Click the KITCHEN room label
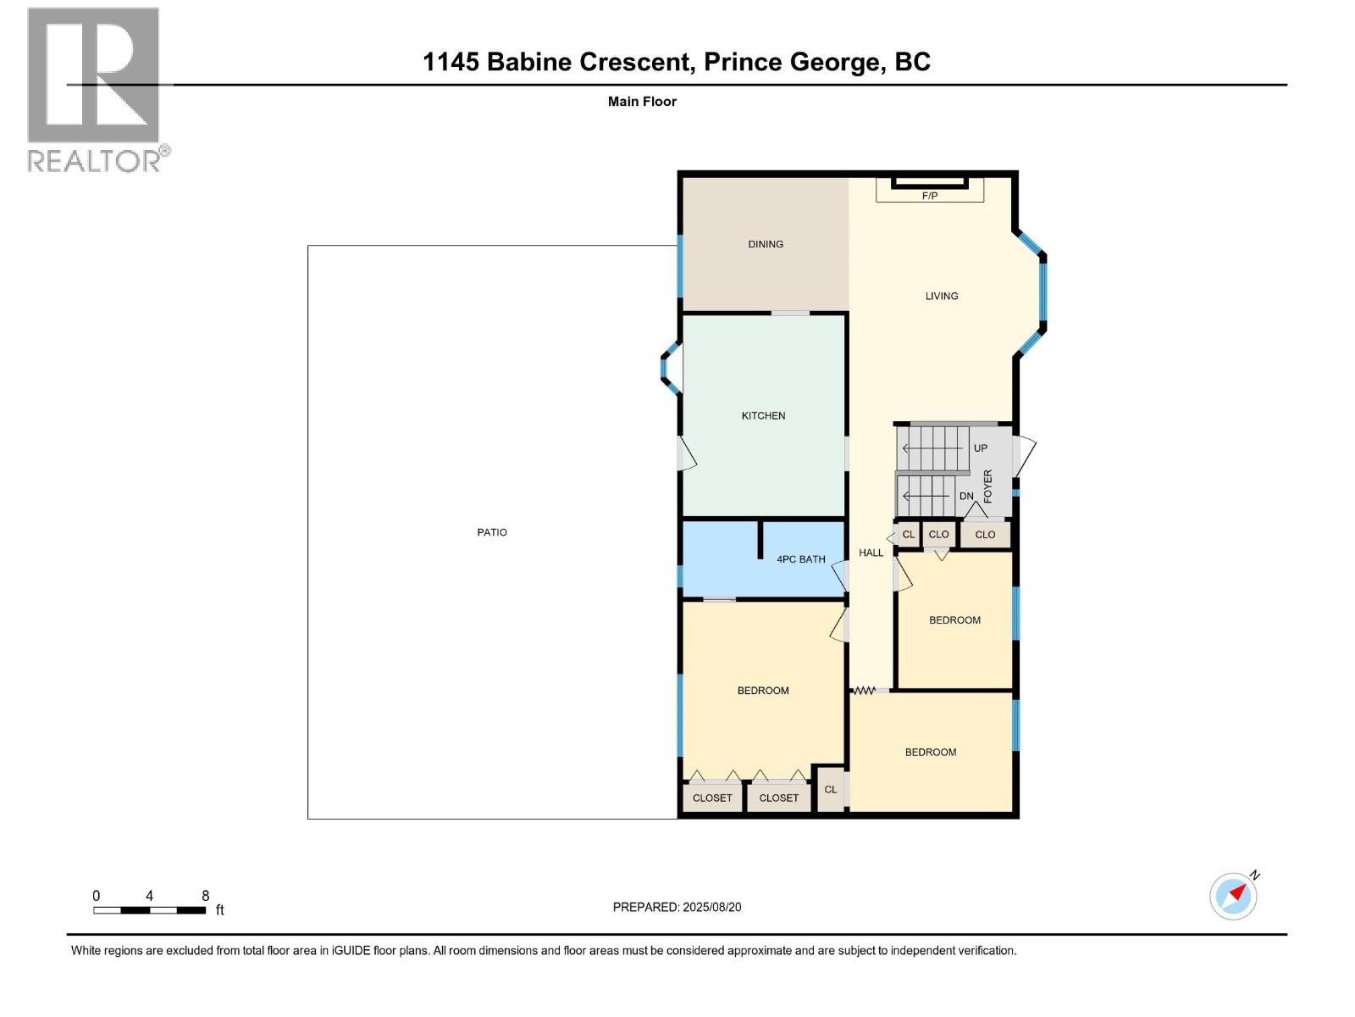click(763, 415)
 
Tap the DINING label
click(766, 244)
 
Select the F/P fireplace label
click(929, 196)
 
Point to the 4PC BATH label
click(800, 559)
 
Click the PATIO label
click(492, 532)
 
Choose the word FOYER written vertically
click(987, 486)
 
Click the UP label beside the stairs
click(980, 448)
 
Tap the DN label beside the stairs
click(966, 496)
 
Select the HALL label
click(871, 553)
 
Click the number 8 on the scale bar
click(205, 896)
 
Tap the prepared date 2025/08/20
click(711, 907)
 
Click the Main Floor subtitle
click(642, 102)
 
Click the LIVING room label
click(941, 296)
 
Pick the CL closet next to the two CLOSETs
click(830, 789)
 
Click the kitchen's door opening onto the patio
click(686, 454)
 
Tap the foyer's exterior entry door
click(1022, 456)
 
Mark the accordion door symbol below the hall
click(864, 691)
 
